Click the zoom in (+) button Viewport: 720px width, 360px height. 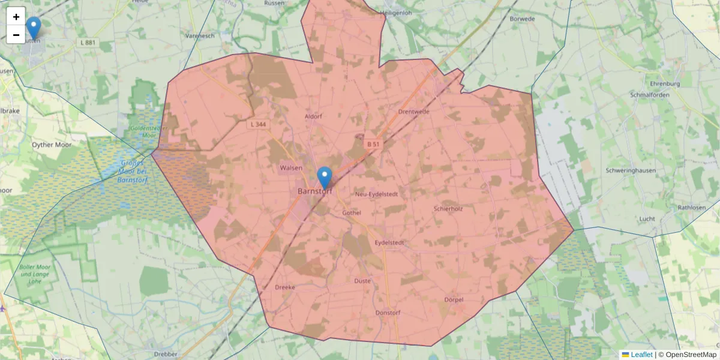pyautogui.click(x=16, y=17)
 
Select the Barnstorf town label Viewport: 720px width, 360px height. pyautogui.click(x=315, y=191)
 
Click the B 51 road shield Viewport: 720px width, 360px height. pyautogui.click(x=373, y=145)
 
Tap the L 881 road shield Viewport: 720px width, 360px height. pyautogui.click(x=87, y=43)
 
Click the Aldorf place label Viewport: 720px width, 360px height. pyautogui.click(x=313, y=116)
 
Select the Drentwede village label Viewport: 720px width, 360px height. pyautogui.click(x=413, y=112)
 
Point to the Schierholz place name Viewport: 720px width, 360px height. pyautogui.click(x=448, y=209)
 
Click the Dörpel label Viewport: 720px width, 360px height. pyautogui.click(x=454, y=299)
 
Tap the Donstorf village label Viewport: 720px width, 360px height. pyautogui.click(x=387, y=313)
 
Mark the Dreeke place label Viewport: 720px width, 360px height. pyautogui.click(x=285, y=287)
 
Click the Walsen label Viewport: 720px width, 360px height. pyautogui.click(x=291, y=168)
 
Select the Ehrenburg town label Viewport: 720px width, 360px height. pyautogui.click(x=664, y=84)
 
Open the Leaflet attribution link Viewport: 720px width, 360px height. pyautogui.click(x=641, y=355)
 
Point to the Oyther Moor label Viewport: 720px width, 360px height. pyautogui.click(x=52, y=145)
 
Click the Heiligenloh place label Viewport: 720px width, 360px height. pyautogui.click(x=403, y=13)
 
